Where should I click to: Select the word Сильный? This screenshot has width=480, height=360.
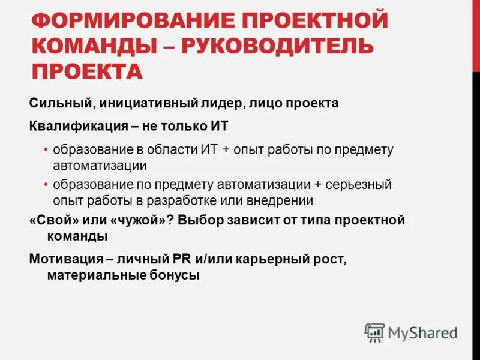pyautogui.click(x=58, y=103)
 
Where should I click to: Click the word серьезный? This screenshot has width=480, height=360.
pyautogui.click(x=358, y=185)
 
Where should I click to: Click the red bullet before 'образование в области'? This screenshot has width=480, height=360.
pyautogui.click(x=46, y=149)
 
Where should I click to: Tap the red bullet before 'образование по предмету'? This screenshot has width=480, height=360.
pyautogui.click(x=46, y=185)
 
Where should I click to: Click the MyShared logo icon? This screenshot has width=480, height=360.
pyautogui.click(x=374, y=332)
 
